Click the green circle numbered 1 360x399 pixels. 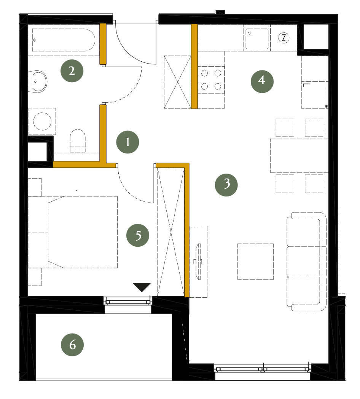[127, 142]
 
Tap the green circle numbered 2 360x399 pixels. [72, 71]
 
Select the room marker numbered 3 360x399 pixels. [226, 185]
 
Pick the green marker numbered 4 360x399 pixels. [262, 81]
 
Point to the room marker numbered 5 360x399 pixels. [138, 235]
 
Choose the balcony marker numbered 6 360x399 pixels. [72, 345]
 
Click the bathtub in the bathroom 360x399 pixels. [64, 40]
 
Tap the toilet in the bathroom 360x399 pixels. [78, 141]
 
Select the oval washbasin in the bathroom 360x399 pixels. [38, 81]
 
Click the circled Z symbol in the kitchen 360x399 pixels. [284, 38]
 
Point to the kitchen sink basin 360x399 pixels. [257, 39]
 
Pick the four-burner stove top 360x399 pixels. [211, 80]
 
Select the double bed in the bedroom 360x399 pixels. [83, 232]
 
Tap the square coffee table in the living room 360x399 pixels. [255, 261]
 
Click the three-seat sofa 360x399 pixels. [307, 261]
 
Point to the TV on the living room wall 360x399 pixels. [198, 262]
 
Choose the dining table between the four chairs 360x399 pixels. [299, 155]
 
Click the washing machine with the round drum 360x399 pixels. [42, 121]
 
